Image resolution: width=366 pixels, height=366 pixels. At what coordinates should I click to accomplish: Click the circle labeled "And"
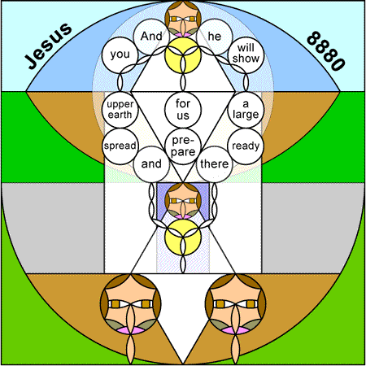pos(151,37)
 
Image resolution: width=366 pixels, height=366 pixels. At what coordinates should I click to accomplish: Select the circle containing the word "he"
pos(215,37)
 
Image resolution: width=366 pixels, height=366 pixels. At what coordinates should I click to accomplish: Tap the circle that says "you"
pos(120,55)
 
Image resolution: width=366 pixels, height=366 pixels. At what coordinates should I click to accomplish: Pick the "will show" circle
pos(246,55)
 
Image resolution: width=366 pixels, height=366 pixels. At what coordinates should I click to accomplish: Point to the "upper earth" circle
pos(120,110)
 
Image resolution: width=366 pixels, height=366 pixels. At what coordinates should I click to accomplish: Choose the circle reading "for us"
pos(183,110)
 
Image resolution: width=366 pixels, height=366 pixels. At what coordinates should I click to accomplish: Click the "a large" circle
pos(246,110)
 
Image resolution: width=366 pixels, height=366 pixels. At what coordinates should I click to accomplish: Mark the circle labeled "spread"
pos(120,146)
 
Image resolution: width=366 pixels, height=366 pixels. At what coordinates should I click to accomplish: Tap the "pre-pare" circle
pos(183,146)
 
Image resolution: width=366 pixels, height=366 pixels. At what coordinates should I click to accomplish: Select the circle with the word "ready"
pos(246,146)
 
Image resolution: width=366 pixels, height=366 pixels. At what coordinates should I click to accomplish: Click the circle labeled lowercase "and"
pos(151,164)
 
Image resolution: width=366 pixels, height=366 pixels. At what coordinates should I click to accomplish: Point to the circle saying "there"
pos(215,164)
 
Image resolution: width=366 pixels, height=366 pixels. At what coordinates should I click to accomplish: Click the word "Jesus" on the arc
pos(48,46)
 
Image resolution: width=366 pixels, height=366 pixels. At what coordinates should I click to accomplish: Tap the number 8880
pos(326,51)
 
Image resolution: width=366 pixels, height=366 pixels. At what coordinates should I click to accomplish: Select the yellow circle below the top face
pos(183,55)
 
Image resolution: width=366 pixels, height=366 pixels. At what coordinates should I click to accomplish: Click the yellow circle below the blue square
pos(183,237)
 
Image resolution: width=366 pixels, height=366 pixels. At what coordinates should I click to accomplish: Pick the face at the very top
pos(183,19)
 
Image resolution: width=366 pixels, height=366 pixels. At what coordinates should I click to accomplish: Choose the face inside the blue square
pos(183,201)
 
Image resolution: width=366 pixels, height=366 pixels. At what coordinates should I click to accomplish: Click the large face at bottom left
pos(131,304)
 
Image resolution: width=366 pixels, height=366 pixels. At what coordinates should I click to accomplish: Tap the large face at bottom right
pos(235,304)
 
